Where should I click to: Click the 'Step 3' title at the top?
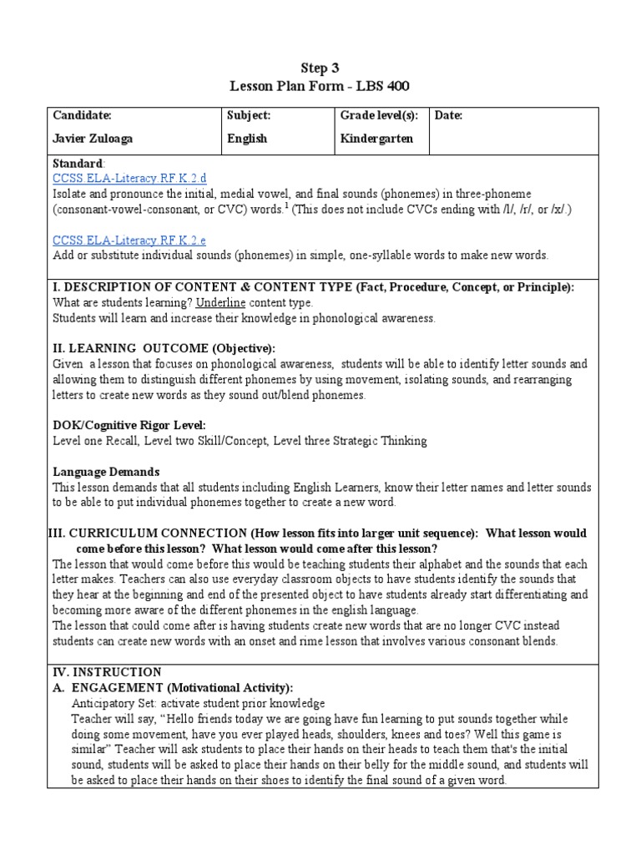click(x=320, y=68)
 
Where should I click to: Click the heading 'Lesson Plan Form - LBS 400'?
click(x=320, y=86)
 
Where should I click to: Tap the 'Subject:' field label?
click(x=249, y=115)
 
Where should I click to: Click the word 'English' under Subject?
click(x=247, y=139)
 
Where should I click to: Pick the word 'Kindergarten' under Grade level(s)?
click(x=376, y=139)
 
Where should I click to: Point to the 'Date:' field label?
click(x=448, y=115)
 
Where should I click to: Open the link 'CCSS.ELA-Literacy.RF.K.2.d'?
click(x=129, y=179)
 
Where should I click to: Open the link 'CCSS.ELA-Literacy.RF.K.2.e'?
click(x=129, y=240)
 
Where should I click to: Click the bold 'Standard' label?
click(x=78, y=164)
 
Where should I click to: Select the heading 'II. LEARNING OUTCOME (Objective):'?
click(x=164, y=347)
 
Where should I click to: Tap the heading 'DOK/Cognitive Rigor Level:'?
click(x=129, y=425)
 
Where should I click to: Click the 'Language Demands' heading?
click(x=106, y=472)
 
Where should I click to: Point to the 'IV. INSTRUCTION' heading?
click(x=106, y=671)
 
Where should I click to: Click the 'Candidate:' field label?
click(x=82, y=115)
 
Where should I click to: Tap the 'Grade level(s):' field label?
click(x=379, y=115)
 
